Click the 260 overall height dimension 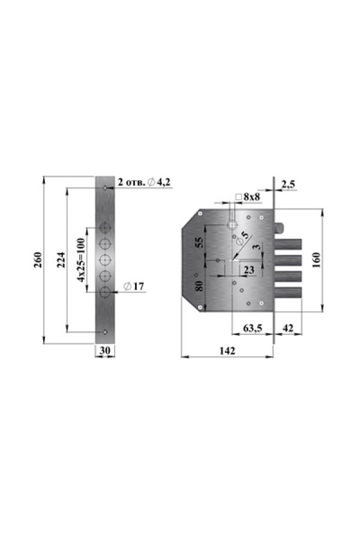click(x=38, y=260)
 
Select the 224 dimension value click(x=61, y=260)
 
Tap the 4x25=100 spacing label click(x=82, y=260)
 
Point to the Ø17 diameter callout click(x=134, y=286)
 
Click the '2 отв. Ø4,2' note click(x=144, y=182)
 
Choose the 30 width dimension click(x=105, y=350)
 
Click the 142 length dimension click(x=227, y=350)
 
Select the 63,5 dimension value click(x=253, y=328)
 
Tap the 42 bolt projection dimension click(x=288, y=328)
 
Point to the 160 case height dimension click(x=317, y=260)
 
